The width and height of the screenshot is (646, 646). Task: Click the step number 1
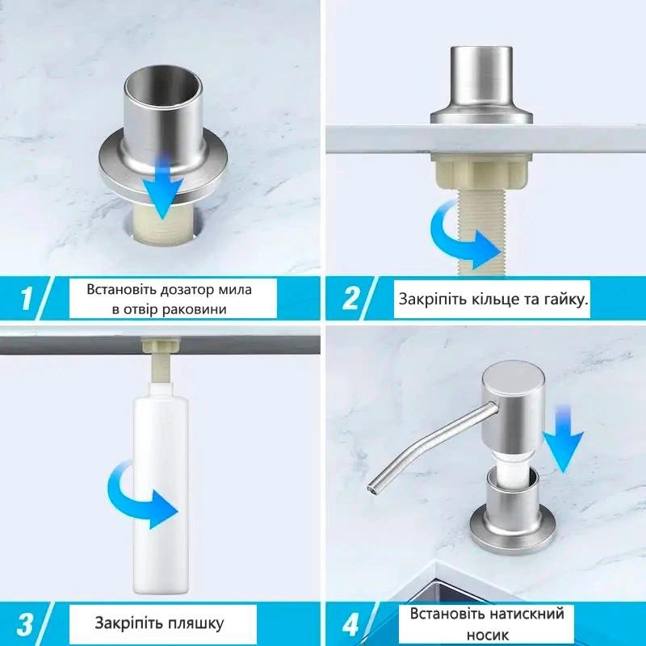26,299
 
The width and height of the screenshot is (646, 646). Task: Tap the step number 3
26,623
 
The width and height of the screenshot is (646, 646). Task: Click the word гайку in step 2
563,300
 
